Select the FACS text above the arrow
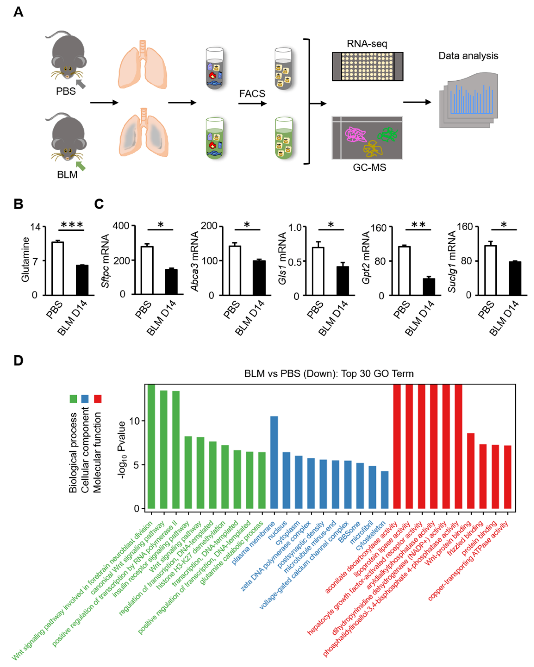tap(252, 93)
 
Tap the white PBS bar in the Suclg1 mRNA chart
tap(490, 270)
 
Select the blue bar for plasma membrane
tap(274, 462)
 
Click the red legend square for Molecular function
tap(98, 399)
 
